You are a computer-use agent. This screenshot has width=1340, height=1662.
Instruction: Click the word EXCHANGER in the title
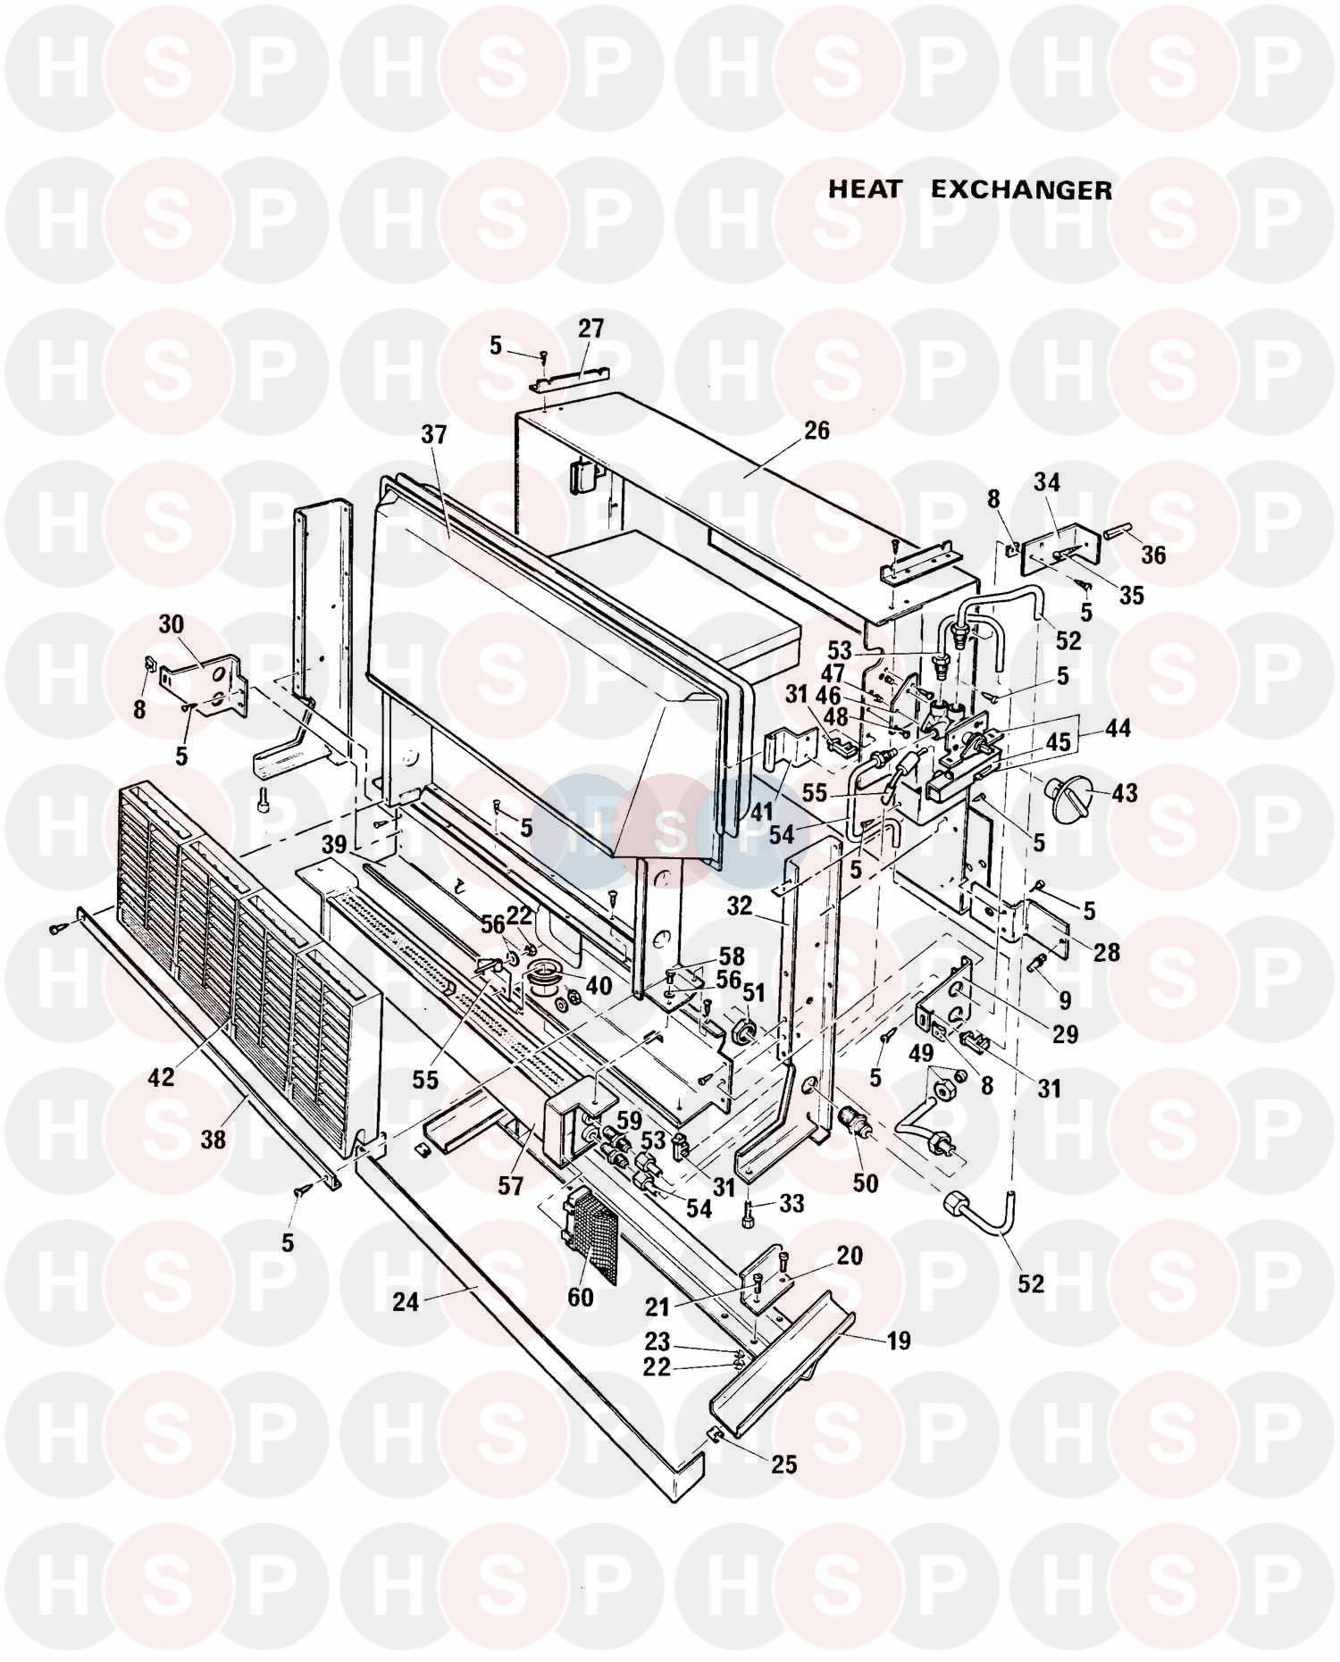pyautogui.click(x=1022, y=189)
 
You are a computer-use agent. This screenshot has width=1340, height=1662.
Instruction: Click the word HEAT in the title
pyautogui.click(x=866, y=189)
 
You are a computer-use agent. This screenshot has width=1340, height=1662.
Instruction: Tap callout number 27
pyautogui.click(x=590, y=328)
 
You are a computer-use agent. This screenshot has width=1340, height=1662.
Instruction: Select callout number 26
pyautogui.click(x=816, y=430)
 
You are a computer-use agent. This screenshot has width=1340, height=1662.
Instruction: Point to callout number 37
pyautogui.click(x=433, y=435)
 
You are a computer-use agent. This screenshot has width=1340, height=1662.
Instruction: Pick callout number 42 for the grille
pyautogui.click(x=163, y=1077)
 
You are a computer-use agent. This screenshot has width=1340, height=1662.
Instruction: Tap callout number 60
pyautogui.click(x=580, y=1296)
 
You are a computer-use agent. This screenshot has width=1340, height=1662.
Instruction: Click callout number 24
pyautogui.click(x=406, y=1303)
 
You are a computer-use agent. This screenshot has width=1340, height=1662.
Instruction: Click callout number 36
pyautogui.click(x=1153, y=555)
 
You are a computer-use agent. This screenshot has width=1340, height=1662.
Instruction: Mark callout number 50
pyautogui.click(x=865, y=1182)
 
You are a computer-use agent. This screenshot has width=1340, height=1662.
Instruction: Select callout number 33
pyautogui.click(x=791, y=1203)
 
